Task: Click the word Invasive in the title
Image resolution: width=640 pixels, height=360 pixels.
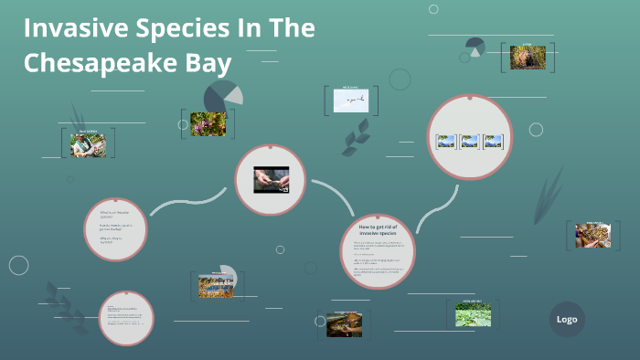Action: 73,29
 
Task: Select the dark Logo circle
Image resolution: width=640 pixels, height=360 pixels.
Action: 567,319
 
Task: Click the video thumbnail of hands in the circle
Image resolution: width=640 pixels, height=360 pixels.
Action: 271,179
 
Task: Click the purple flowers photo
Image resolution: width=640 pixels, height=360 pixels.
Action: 208,124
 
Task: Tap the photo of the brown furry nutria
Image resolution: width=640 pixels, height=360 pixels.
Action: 528,57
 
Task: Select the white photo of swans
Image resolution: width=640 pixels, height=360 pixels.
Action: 351,100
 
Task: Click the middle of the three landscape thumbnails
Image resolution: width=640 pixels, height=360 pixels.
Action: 469,142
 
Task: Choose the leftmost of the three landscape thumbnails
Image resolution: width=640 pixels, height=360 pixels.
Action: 446,142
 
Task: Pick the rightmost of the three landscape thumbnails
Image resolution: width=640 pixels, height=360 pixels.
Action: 493,142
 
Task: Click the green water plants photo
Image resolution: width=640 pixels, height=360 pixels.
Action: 473,314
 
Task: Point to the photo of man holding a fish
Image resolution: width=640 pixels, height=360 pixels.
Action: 89,144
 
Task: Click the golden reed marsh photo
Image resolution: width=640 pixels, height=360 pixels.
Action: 217,286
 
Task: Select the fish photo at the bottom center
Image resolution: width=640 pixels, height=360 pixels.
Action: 344,324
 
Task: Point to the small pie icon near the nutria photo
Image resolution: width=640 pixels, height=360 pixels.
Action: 475,46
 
